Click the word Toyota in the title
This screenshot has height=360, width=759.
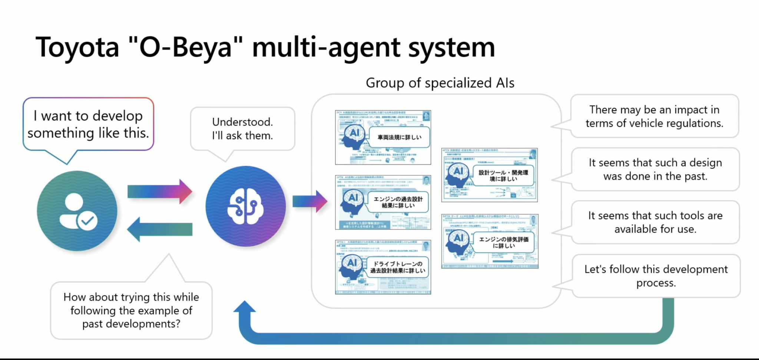pos(77,47)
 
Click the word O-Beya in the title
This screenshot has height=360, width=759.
pos(185,47)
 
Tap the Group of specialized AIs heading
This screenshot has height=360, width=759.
pos(440,83)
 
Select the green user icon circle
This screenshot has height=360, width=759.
pos(77,211)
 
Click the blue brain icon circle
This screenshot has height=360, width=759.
pos(245,206)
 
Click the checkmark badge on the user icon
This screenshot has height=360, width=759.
pos(87,221)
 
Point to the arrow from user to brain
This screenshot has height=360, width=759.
pos(159,192)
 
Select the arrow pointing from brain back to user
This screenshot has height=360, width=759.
pos(159,229)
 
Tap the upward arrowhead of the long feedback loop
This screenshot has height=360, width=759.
pos(245,308)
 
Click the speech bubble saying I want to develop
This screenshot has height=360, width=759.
pos(88,124)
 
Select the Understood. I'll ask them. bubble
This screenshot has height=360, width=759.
pos(242,129)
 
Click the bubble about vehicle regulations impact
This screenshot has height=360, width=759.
pos(654,116)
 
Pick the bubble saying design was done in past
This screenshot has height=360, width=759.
pos(655,169)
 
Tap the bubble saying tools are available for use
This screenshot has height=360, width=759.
pos(655,222)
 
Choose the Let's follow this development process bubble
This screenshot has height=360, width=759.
pos(656,275)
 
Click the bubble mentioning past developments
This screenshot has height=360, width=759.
pos(131,310)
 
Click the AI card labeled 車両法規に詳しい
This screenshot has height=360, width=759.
pos(383,137)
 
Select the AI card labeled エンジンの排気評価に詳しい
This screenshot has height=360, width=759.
pos(490,241)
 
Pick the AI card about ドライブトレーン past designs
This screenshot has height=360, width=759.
pos(383,267)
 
